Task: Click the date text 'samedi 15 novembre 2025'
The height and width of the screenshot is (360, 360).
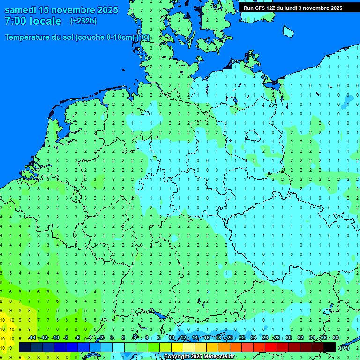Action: coord(61,10)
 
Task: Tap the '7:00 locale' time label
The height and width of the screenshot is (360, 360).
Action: coord(33,21)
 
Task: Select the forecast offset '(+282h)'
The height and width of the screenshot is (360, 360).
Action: coord(83,21)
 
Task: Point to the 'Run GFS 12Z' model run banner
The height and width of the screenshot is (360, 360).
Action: coord(260,8)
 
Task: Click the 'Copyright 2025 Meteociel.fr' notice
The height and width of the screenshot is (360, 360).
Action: coord(199,357)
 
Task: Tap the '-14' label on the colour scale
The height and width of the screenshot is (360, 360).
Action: coord(32,338)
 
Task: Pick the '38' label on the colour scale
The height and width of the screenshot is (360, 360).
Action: coord(335,338)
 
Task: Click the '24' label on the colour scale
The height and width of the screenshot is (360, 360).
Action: coord(254,338)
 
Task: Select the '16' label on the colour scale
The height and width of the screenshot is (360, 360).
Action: coord(207,338)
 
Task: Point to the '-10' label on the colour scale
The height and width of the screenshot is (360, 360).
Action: coord(55,338)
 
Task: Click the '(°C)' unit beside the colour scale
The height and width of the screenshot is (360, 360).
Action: coord(345,347)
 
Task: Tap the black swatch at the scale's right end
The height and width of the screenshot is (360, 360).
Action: coord(330,347)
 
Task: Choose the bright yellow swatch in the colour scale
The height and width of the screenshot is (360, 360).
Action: coord(177,347)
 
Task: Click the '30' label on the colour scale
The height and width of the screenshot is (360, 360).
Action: coord(289,338)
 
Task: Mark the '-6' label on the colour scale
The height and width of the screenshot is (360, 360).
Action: coord(78,338)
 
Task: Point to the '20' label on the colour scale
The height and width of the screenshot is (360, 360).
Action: coord(230,338)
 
